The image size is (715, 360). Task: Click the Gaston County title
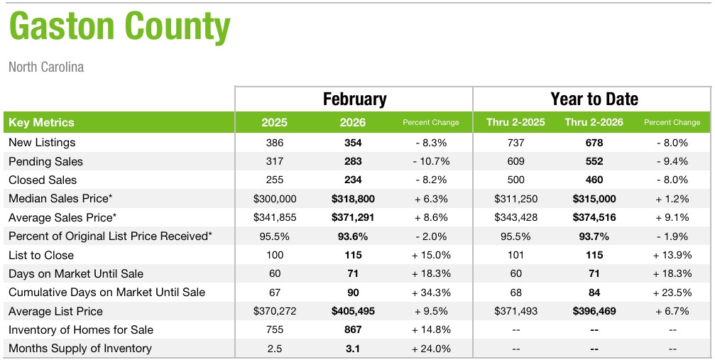(x=119, y=27)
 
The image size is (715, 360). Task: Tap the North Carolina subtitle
(x=46, y=67)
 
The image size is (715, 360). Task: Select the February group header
(x=354, y=99)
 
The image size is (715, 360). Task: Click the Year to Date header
(x=594, y=99)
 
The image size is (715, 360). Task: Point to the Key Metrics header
(x=41, y=122)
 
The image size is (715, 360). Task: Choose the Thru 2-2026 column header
(x=594, y=122)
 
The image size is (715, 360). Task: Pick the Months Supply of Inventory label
(x=80, y=348)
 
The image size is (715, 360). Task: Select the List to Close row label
(x=41, y=255)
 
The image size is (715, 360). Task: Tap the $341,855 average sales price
(x=274, y=217)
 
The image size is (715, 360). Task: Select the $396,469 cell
(x=594, y=311)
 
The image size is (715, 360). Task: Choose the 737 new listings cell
(x=515, y=143)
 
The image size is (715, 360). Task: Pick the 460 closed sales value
(x=594, y=180)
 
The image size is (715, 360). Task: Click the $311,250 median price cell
(x=515, y=199)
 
